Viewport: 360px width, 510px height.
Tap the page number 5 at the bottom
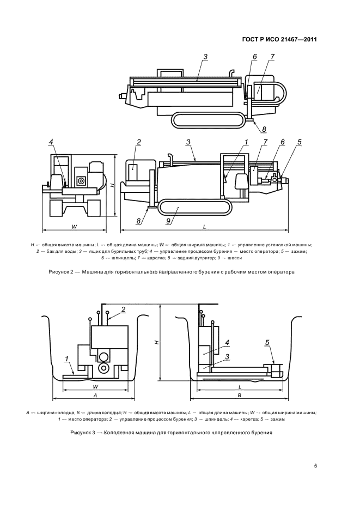pyautogui.click(x=315, y=466)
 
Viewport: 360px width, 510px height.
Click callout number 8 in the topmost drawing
pyautogui.click(x=264, y=130)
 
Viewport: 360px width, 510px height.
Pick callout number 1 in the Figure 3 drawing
pyautogui.click(x=66, y=359)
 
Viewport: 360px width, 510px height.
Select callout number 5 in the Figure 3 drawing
pyautogui.click(x=267, y=342)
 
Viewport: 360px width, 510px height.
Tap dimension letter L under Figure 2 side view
pyautogui.click(x=204, y=224)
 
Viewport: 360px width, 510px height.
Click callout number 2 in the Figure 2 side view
pyautogui.click(x=139, y=142)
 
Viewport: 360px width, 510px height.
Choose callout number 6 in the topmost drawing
pyautogui.click(x=254, y=57)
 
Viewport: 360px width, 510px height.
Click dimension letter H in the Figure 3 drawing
pyautogui.click(x=156, y=342)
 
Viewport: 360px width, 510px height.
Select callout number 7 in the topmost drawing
pyautogui.click(x=272, y=57)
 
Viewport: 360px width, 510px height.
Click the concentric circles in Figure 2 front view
pyautogui.click(x=81, y=180)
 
